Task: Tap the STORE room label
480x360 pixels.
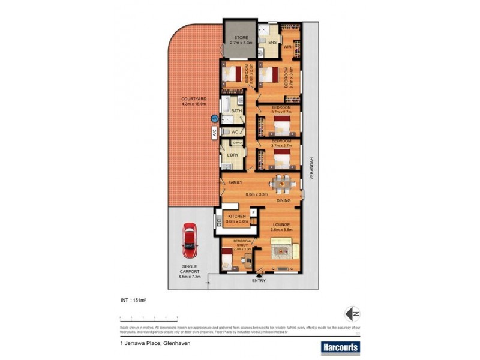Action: (x=240, y=37)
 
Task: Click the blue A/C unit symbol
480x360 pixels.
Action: (x=213, y=119)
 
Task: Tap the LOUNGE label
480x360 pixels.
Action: (x=281, y=224)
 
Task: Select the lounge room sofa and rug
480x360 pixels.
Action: (x=281, y=246)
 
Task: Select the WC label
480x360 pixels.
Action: (x=235, y=131)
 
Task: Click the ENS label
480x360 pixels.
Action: (x=272, y=43)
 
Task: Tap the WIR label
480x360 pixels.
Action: (x=287, y=46)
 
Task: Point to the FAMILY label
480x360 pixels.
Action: (x=235, y=182)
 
